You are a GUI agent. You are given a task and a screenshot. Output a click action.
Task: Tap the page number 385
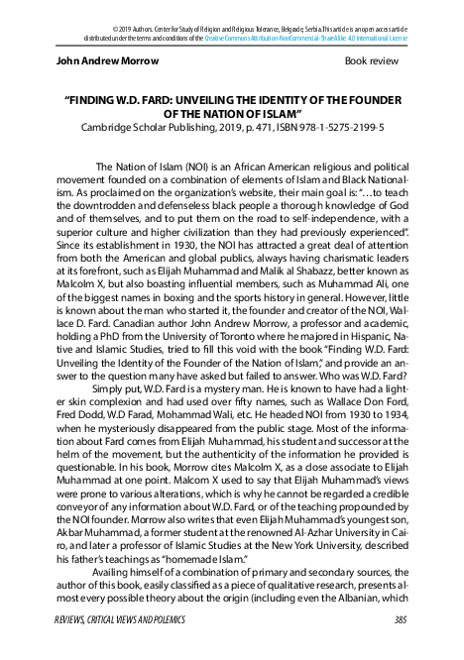pos(400,620)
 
